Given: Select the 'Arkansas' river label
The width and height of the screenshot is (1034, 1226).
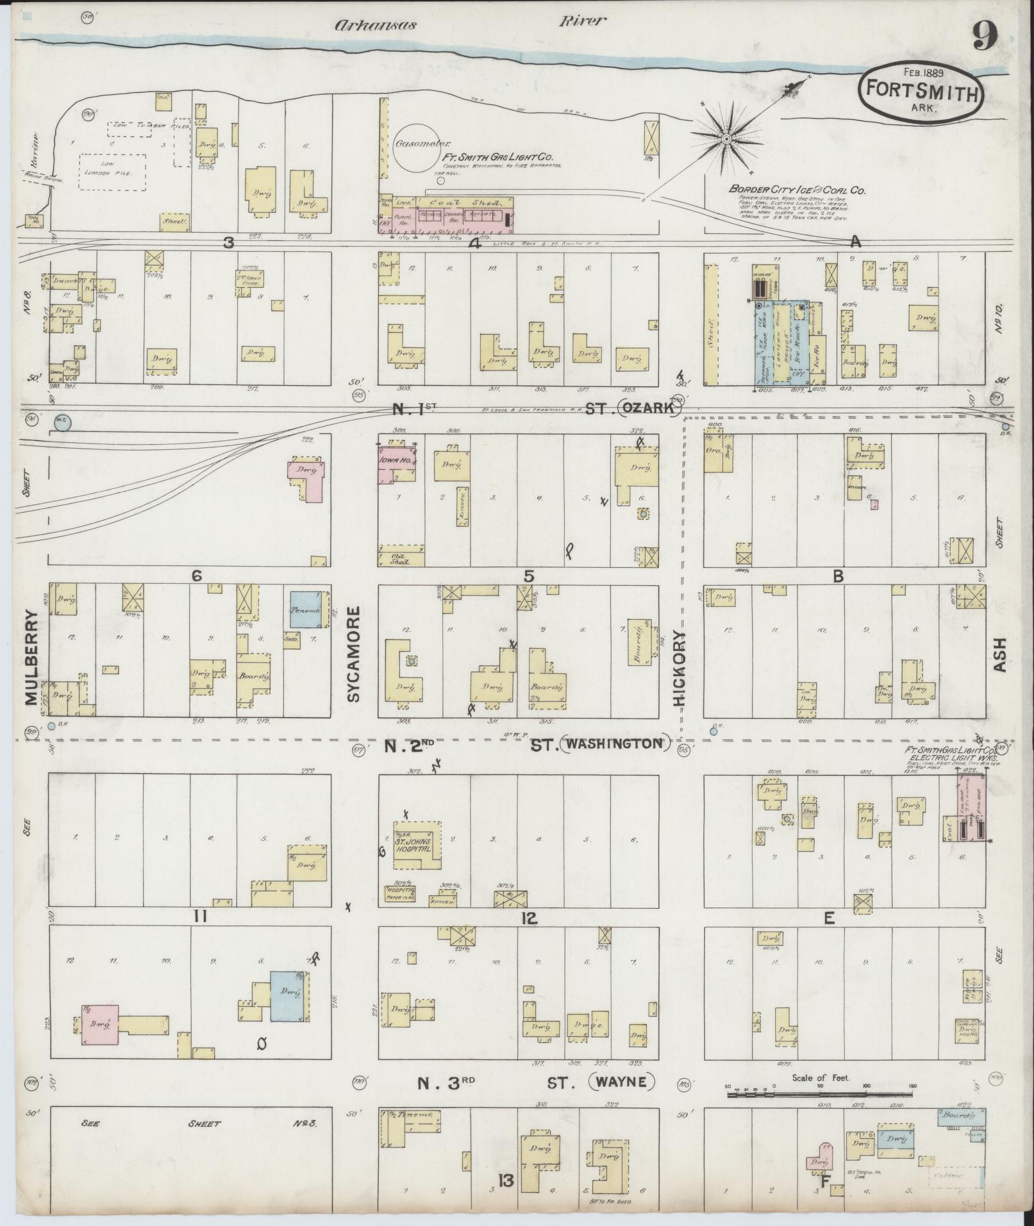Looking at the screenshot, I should tap(376, 25).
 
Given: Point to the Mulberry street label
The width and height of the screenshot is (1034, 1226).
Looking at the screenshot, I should tap(33, 661).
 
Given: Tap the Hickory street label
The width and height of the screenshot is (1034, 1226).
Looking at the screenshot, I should tap(680, 668).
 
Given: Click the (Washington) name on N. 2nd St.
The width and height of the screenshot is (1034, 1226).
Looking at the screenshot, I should tap(614, 743).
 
